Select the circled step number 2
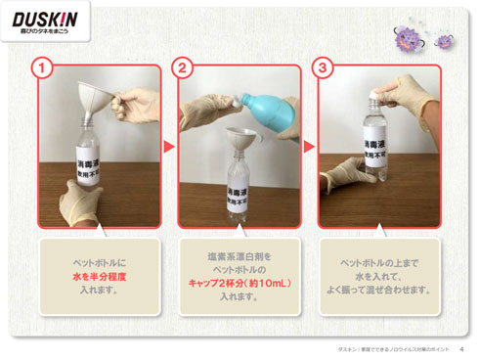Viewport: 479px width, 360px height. coord(182,67)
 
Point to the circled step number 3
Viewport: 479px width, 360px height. coord(323,67)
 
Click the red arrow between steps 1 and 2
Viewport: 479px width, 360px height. coord(167,147)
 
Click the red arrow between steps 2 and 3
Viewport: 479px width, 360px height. coord(308,147)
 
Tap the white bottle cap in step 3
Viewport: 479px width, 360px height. coord(371,92)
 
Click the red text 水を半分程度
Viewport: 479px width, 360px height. coord(99,277)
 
